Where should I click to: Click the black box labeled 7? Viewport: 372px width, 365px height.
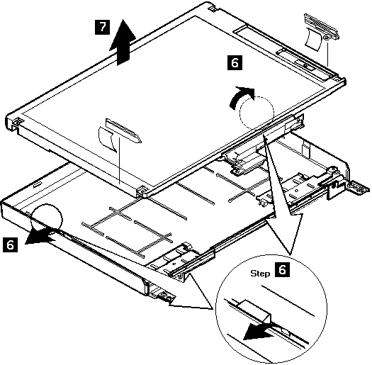point(102,28)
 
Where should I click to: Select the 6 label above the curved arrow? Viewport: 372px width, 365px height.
point(235,62)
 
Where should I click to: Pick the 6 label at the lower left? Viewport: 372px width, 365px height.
point(10,245)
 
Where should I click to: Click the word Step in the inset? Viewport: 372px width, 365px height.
point(260,274)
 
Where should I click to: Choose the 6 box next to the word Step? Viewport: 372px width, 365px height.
point(282,270)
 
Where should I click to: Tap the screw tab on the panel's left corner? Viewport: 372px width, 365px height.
point(16,121)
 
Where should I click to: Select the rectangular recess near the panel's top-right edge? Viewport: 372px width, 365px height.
point(244,30)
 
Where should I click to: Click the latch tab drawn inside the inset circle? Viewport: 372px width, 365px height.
point(257,311)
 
